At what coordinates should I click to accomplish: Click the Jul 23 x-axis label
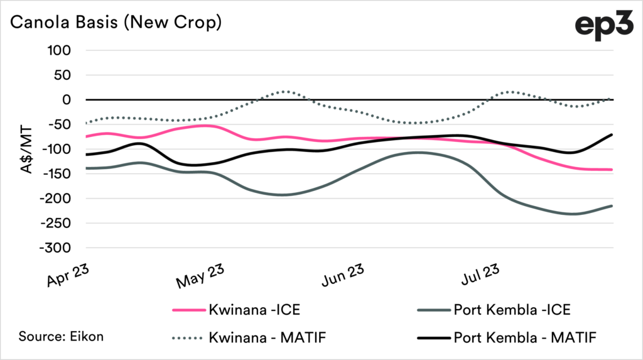[x=482, y=275]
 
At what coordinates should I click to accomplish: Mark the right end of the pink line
[x=612, y=170]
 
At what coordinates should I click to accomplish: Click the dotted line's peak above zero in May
[x=286, y=92]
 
